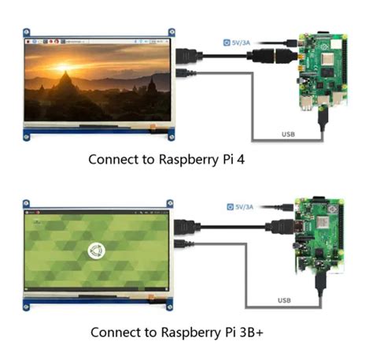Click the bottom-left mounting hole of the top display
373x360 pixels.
(27, 136)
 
